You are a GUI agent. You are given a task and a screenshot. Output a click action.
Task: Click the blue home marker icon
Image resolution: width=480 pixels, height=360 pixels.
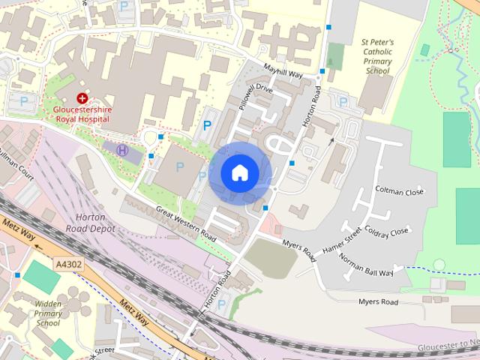point(239,173)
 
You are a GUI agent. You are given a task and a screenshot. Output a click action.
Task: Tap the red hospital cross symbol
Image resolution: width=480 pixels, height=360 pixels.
point(82,98)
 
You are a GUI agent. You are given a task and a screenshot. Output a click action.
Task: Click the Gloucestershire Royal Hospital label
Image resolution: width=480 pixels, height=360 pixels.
point(86,113)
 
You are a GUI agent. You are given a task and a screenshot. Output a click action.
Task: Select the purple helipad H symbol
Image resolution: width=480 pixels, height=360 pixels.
point(122,150)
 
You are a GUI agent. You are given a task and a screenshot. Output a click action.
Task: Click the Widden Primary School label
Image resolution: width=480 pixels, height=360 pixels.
point(47,313)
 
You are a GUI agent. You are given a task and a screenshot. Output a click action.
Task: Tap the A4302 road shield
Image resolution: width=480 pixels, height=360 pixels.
point(68,264)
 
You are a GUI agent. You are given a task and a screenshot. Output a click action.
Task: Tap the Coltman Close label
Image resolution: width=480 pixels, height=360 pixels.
point(399,192)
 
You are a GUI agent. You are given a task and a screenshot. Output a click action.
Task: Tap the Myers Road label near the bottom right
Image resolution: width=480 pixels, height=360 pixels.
point(377,301)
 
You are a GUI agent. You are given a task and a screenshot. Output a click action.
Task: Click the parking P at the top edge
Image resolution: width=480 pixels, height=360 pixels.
point(124,4)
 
